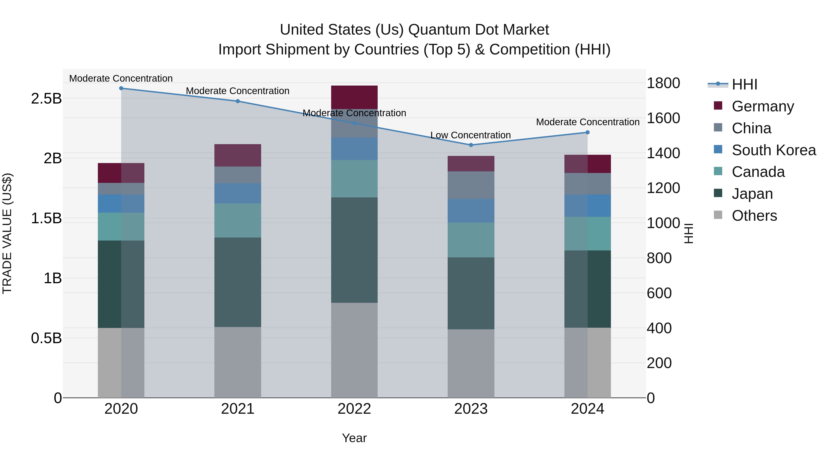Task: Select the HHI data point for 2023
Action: point(471,145)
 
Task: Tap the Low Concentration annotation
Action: point(470,135)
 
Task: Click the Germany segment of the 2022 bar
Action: point(354,97)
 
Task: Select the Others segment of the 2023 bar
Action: point(471,363)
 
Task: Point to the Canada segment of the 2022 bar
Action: point(354,179)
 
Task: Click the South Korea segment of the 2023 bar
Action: point(471,211)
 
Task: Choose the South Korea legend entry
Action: point(774,150)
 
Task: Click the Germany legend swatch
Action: point(718,106)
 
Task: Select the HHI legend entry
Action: point(744,84)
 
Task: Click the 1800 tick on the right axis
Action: point(663,83)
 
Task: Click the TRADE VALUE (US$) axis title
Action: point(7,234)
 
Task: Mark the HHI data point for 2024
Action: point(587,132)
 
